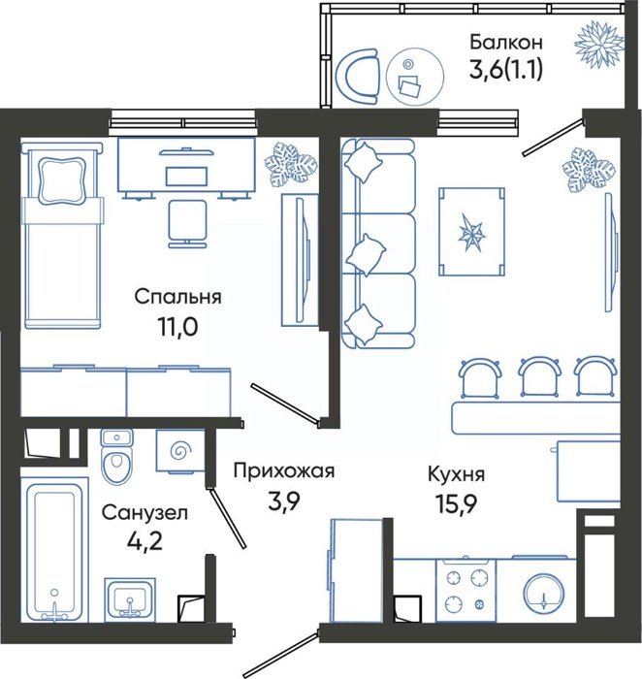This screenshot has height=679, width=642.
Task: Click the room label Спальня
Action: coord(177,297)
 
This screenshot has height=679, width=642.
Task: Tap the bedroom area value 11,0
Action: coord(177,328)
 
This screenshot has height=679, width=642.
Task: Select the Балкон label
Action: coord(506,43)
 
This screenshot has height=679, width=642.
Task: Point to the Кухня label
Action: coord(456,474)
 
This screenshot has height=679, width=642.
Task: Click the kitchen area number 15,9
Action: coord(456,503)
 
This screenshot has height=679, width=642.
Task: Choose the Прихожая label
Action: coord(284,470)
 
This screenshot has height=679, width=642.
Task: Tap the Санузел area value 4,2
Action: coord(145,541)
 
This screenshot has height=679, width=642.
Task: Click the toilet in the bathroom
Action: coord(116,457)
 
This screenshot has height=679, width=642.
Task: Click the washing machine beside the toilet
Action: coord(180,451)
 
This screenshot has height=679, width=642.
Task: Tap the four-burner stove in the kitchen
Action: coord(465,590)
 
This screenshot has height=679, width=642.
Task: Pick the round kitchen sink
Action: coord(544,593)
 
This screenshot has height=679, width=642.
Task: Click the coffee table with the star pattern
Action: coord(471,232)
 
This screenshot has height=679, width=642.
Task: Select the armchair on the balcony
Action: coord(358,77)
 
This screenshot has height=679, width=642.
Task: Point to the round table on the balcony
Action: coord(415,77)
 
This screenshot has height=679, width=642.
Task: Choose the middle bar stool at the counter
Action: coord(538,376)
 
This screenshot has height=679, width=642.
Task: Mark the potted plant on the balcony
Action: coord(599,44)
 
